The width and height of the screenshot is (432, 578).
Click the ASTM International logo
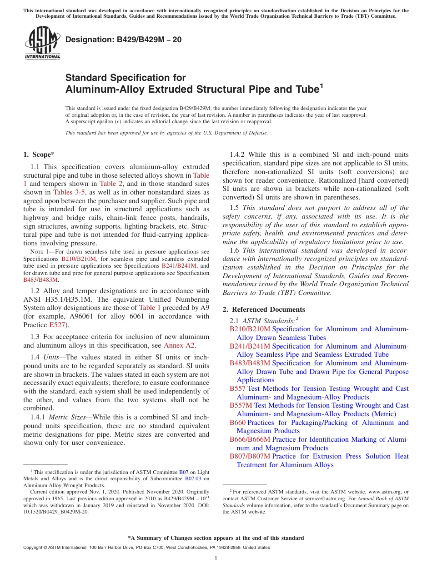click(x=42, y=43)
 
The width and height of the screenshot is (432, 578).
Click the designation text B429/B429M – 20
click(x=124, y=40)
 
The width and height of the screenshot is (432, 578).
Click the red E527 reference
click(x=57, y=325)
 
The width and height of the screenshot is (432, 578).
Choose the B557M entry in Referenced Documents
click(x=241, y=405)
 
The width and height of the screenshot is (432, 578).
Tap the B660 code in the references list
click(x=237, y=423)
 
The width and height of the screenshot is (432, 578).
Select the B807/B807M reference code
click(x=250, y=456)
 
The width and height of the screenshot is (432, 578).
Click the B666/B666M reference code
click(x=250, y=439)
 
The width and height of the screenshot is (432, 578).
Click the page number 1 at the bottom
click(x=216, y=558)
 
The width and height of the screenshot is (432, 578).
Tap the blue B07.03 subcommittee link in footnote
click(x=194, y=478)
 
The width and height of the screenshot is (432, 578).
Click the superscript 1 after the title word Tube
click(x=321, y=85)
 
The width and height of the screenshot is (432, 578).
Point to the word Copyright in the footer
click(x=35, y=548)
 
